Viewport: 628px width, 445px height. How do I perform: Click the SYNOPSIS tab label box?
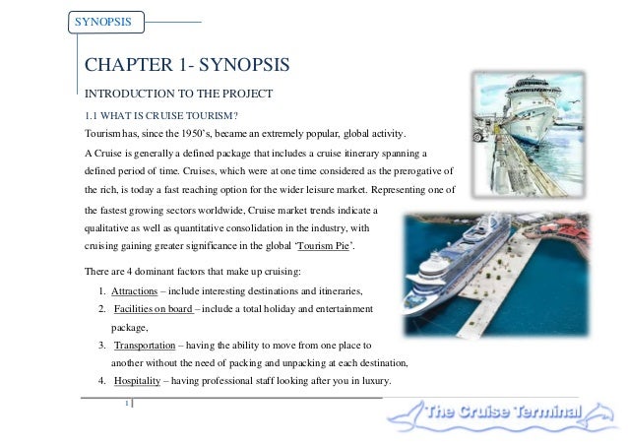106,22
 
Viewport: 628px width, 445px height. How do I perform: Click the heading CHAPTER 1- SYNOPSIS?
187,65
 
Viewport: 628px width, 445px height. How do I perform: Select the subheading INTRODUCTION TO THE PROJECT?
178,94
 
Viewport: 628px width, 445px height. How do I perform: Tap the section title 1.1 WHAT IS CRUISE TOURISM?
161,116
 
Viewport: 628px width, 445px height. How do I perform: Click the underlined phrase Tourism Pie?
323,245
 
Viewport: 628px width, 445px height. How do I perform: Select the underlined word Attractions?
135,291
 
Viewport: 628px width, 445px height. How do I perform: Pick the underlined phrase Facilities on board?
154,309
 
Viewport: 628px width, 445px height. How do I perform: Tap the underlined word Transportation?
145,346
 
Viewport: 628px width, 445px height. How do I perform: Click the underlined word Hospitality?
138,380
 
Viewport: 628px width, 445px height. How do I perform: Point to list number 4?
101,380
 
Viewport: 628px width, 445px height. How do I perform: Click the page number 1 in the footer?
127,403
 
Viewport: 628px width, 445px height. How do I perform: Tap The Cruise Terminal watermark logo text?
503,412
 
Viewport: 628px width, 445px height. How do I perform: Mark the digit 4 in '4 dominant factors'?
129,272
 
